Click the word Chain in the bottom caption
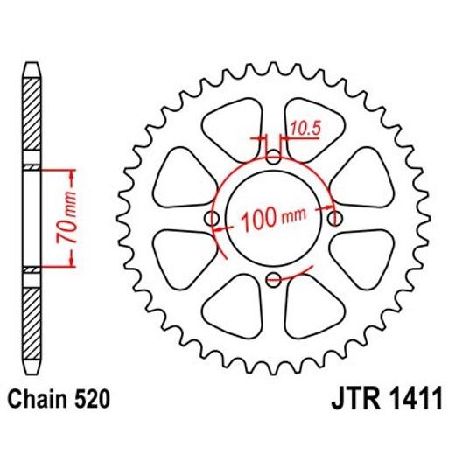(x=39, y=402)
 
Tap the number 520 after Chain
(x=91, y=402)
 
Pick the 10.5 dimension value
(x=304, y=129)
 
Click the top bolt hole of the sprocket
(x=274, y=157)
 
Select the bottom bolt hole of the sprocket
(x=274, y=279)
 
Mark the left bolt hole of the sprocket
(x=213, y=218)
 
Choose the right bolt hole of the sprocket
(x=334, y=218)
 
